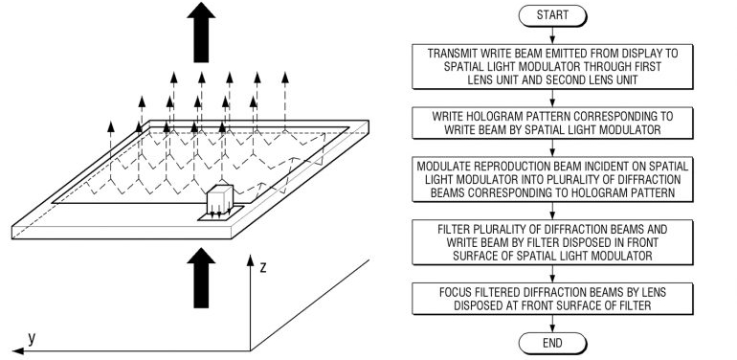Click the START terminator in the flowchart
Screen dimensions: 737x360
[552, 15]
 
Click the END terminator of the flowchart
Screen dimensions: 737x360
[552, 343]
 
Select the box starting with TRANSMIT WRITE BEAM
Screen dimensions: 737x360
[552, 66]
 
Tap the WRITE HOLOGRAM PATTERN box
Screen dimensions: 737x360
[552, 123]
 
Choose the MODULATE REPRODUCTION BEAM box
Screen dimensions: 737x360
[552, 180]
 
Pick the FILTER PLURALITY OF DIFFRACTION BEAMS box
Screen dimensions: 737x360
[552, 242]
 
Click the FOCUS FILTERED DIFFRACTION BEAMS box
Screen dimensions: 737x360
[552, 299]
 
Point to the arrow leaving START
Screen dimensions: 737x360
[552, 35]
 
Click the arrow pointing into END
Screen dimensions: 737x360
[552, 324]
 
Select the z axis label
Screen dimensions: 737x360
[263, 268]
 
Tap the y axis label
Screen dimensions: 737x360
[31, 338]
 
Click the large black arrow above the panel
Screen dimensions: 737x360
[201, 32]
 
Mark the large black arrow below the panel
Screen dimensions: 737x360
[201, 278]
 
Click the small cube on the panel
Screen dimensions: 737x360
[220, 200]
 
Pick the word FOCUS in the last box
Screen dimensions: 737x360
[456, 292]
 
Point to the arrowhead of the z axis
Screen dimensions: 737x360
[250, 259]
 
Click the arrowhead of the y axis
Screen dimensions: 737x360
[18, 350]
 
